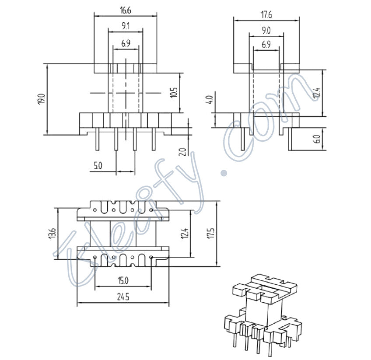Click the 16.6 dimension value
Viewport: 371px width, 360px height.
125,10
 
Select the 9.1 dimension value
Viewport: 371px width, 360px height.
125,27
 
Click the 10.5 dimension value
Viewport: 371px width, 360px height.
174,92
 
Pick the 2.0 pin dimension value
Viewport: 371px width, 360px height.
183,151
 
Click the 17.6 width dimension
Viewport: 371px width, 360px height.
266,15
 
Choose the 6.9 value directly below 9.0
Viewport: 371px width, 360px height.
266,45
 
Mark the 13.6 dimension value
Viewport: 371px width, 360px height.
52,234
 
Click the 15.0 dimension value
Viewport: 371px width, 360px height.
123,280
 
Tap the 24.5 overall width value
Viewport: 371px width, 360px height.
123,297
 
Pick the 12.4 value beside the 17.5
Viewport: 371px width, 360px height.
185,234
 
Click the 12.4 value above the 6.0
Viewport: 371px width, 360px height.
317,93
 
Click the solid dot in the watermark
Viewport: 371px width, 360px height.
224,173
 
